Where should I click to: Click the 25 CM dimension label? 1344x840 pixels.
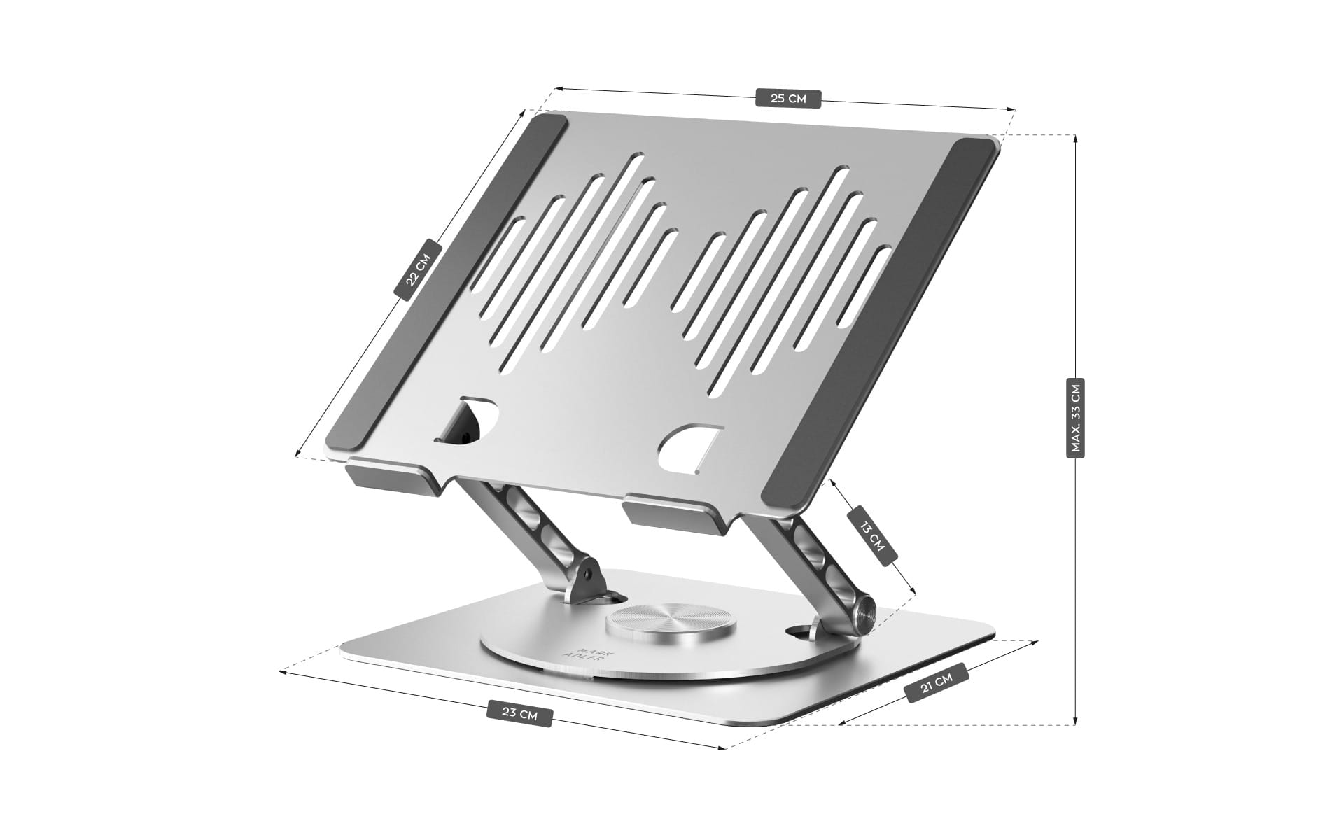coord(788,98)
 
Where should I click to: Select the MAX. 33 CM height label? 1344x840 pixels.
coord(1075,418)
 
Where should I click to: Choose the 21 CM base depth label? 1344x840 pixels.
coord(937,682)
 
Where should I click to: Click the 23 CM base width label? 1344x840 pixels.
coord(520,715)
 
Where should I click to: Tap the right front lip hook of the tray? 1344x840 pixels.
coord(670,511)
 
